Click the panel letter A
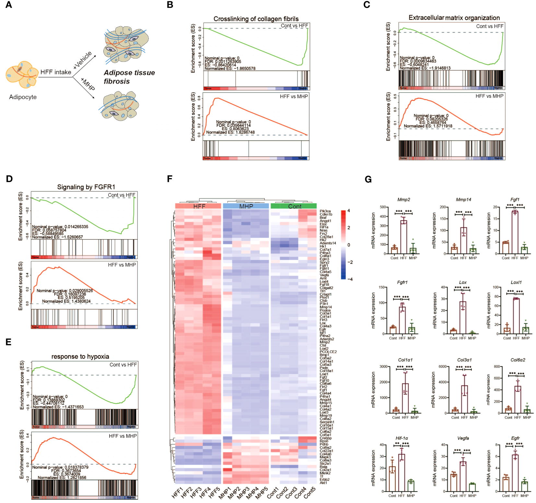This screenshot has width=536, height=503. (x=9, y=5)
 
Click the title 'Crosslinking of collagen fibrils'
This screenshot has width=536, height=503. (x=256, y=19)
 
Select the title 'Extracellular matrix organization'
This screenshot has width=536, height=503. (x=454, y=18)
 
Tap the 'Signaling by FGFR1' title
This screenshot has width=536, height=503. (x=86, y=187)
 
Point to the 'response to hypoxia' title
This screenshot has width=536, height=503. (x=80, y=357)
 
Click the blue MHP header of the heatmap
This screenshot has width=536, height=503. (x=246, y=206)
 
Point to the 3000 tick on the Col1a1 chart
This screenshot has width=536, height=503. (x=383, y=367)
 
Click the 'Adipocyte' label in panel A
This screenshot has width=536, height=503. (x=23, y=97)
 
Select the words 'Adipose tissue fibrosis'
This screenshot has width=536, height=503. (x=129, y=77)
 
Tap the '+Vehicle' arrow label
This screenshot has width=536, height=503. (x=82, y=60)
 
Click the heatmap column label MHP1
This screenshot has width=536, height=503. (x=225, y=493)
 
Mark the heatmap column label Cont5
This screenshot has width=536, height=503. (x=309, y=493)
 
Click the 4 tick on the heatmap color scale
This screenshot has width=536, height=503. (x=349, y=211)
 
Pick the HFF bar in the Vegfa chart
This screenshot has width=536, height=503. (x=463, y=476)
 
